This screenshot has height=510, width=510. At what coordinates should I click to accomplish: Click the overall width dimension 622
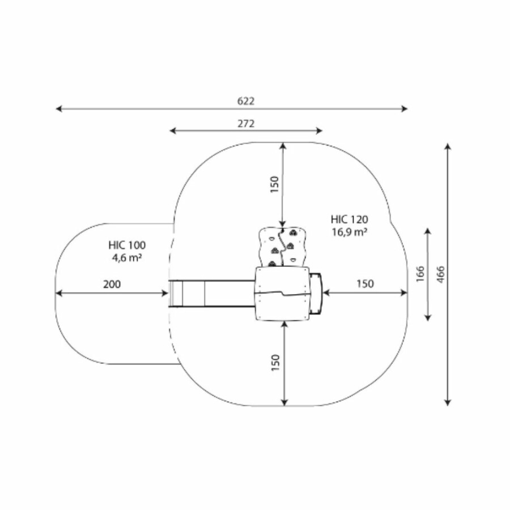(245, 101)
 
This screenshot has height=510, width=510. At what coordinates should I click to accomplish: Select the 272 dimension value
(246, 124)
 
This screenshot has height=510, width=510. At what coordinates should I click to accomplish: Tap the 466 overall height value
(440, 274)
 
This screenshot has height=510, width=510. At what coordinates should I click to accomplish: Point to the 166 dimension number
(420, 274)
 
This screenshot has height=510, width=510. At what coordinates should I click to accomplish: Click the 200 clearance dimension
(112, 284)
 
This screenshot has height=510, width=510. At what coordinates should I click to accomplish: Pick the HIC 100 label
(127, 245)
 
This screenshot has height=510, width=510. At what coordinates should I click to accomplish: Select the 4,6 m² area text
(127, 258)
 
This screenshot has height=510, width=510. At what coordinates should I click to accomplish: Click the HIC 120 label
(349, 219)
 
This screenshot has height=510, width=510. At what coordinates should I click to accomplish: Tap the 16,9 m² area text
(349, 232)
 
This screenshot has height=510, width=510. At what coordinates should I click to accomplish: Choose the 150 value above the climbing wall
(275, 184)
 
